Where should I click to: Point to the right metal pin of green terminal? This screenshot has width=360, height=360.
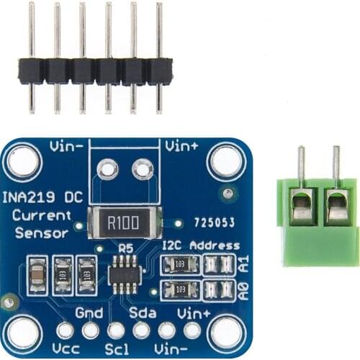pos(336,164)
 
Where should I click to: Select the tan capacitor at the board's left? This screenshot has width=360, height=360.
pos(35,273)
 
